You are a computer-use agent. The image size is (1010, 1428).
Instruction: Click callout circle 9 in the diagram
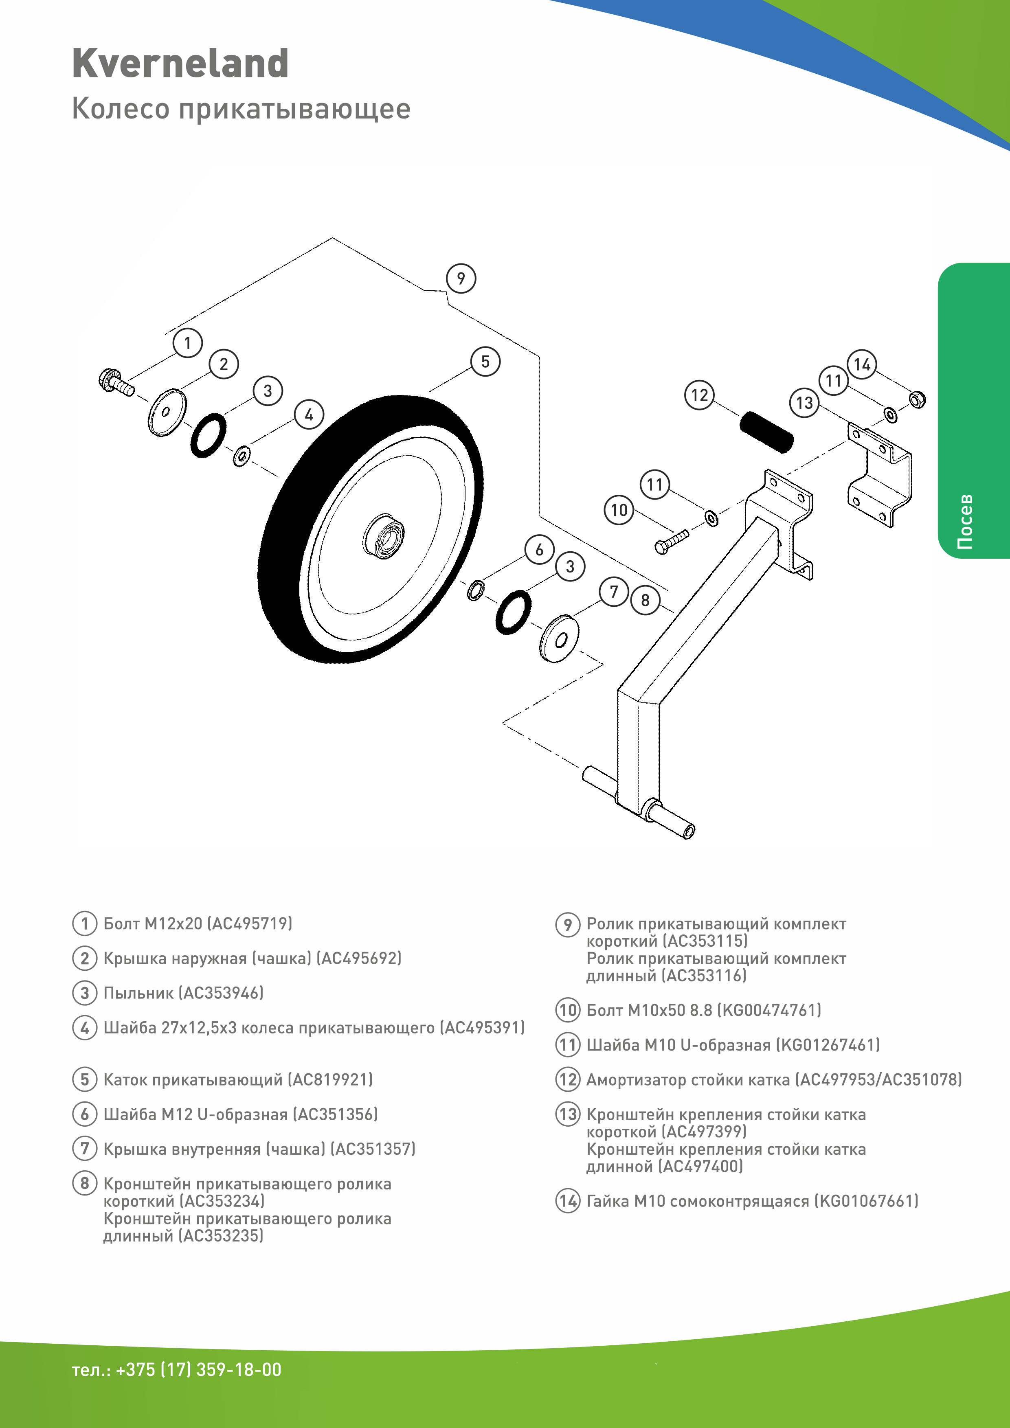461,278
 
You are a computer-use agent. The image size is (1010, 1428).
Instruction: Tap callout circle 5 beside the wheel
485,361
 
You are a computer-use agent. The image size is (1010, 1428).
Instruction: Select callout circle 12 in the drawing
700,395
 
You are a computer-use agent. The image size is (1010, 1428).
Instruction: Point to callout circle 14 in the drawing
862,364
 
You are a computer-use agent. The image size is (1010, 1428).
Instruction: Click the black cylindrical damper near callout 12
766,432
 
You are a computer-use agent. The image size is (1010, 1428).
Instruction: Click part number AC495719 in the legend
249,923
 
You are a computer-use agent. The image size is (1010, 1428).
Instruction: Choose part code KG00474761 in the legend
769,1010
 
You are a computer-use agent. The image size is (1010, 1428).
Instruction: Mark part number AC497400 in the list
700,1166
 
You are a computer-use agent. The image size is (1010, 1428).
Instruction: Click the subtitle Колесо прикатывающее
242,109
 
